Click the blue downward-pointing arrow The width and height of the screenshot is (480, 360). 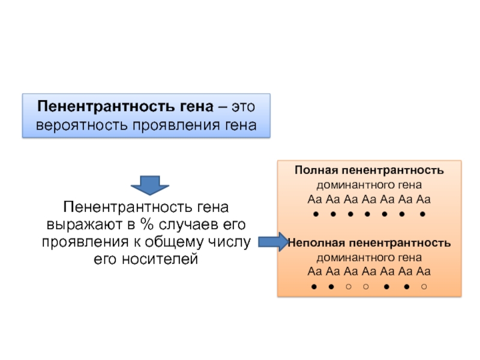[x=149, y=185]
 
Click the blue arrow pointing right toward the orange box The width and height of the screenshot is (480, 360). [x=274, y=242]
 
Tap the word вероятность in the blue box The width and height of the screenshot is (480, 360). [x=76, y=126]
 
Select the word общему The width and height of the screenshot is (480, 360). [x=177, y=242]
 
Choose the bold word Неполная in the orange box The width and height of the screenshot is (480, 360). [x=315, y=243]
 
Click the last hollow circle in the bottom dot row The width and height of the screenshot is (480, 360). [x=424, y=287]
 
